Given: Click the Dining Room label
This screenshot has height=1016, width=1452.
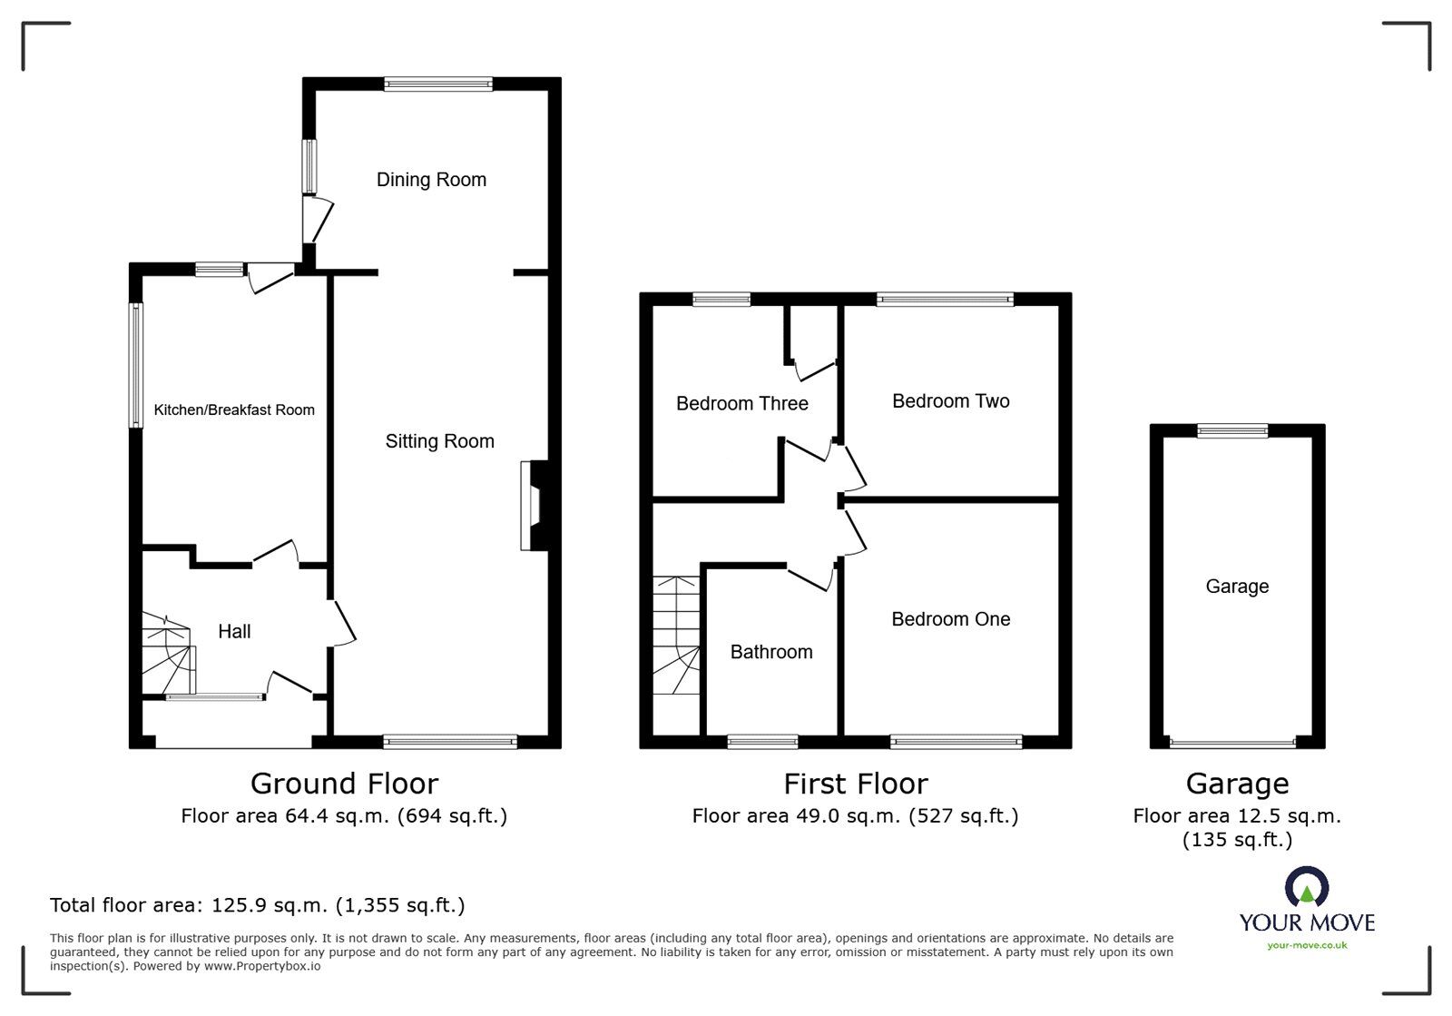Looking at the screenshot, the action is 431,180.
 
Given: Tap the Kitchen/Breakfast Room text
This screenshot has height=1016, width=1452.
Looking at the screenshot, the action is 234,409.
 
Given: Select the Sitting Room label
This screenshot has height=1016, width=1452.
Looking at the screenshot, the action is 439,441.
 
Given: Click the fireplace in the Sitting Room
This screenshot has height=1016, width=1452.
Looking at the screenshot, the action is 535,506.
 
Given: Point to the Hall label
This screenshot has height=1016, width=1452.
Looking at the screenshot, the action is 234,632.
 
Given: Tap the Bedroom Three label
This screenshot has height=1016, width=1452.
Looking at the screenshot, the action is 742,403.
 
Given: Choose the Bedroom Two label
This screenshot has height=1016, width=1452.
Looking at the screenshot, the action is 951,401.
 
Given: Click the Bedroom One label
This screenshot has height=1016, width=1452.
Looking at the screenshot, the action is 951,619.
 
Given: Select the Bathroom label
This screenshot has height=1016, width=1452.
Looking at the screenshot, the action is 771,652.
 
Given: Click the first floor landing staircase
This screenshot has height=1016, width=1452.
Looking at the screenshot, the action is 676,636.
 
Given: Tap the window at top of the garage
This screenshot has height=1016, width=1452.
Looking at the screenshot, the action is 1232,430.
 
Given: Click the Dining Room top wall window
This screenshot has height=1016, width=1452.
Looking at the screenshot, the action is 438,84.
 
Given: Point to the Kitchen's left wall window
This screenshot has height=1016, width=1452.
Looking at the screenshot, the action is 135,366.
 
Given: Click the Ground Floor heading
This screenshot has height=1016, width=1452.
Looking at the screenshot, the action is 344,784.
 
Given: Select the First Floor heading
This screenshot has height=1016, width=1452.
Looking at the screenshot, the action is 856,784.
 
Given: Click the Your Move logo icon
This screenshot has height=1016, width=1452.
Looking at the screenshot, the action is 1308,886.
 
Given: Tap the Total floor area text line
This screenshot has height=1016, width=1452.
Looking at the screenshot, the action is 258,905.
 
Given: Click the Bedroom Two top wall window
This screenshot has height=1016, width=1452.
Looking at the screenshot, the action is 945,299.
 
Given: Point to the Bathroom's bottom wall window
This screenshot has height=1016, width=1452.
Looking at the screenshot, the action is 762,742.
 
